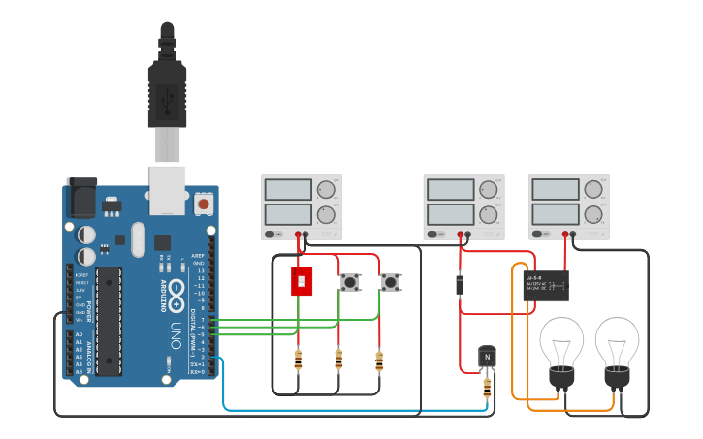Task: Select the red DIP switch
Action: [x=302, y=282]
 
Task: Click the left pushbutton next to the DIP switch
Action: [x=348, y=282]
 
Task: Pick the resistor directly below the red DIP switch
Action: [x=298, y=361]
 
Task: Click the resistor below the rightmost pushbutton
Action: [x=379, y=361]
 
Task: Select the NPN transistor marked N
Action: [x=487, y=356]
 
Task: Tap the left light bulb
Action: [x=561, y=347]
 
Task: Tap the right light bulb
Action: [x=617, y=347]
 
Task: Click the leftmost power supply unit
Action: [x=302, y=206]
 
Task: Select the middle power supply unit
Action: [x=463, y=206]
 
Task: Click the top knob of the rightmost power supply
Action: [x=592, y=189]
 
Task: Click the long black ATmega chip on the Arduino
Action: [x=109, y=320]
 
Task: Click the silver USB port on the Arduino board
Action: [x=167, y=188]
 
